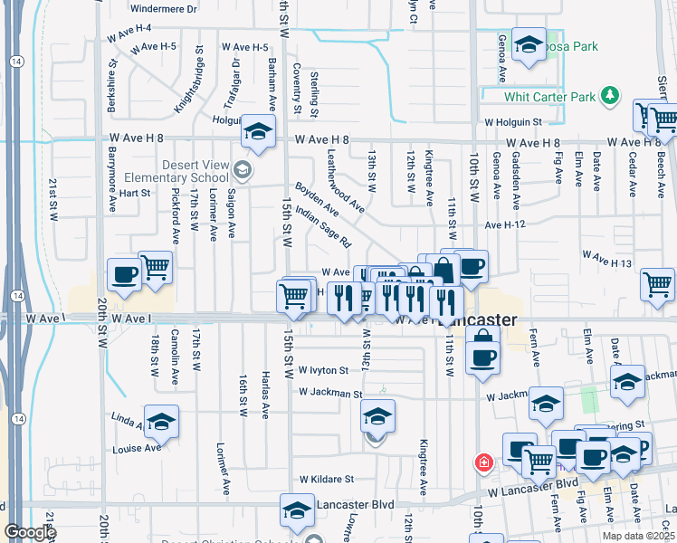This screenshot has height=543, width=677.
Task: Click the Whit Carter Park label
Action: pos(550,97)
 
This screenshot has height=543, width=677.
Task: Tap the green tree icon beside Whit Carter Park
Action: pos(611,96)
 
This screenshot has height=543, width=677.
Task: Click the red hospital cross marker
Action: pos(485,462)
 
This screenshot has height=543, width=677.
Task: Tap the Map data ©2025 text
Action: pos(638,536)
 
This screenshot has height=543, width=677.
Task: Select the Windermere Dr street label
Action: pos(163,9)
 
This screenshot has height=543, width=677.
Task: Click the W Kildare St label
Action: pos(319,479)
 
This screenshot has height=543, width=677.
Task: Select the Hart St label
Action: pos(133,193)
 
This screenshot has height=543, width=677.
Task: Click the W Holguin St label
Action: pos(512,120)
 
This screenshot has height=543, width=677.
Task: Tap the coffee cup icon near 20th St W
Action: pos(124,273)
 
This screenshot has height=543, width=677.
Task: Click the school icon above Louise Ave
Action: pos(161,421)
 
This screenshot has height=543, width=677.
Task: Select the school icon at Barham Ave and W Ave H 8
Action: pos(258,133)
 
